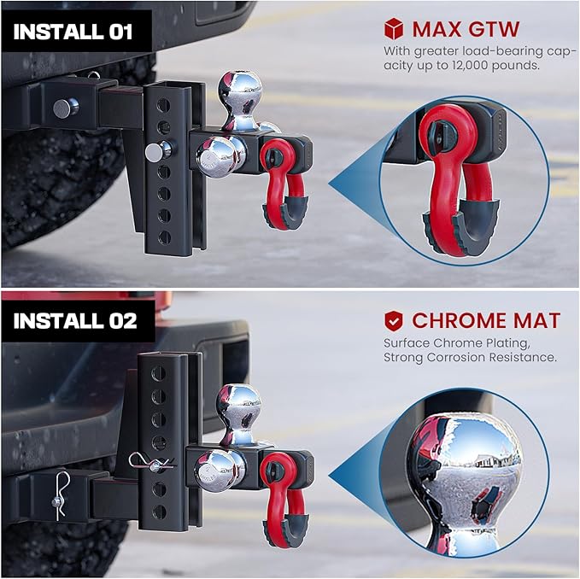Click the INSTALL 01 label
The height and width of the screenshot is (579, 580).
tap(73, 33)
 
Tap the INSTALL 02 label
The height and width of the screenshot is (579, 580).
tap(75, 321)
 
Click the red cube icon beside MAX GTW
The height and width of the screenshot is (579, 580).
tap(394, 30)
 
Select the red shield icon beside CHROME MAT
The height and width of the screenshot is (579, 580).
tap(393, 321)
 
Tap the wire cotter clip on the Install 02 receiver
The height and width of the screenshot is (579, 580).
tap(59, 496)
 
